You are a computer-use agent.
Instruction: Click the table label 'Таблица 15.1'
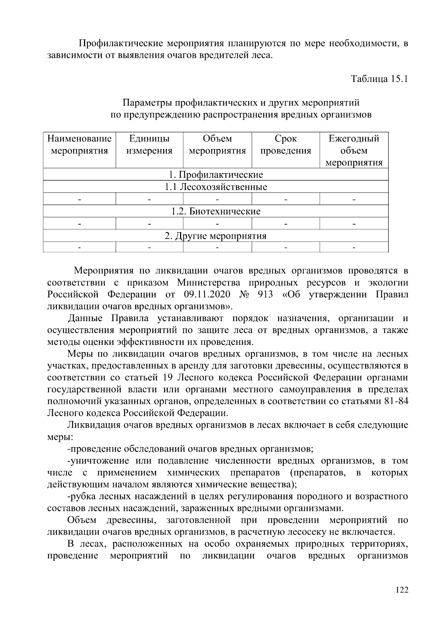click(x=379, y=79)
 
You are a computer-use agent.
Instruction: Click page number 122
click(x=402, y=590)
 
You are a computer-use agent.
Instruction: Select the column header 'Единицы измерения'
click(x=149, y=145)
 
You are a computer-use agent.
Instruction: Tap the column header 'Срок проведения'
click(x=286, y=145)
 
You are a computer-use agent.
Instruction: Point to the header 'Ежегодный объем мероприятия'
click(x=354, y=150)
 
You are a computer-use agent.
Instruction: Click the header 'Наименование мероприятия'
click(x=80, y=145)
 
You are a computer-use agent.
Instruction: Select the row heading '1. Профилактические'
click(x=216, y=175)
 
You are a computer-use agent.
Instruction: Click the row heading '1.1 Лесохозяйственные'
click(x=216, y=187)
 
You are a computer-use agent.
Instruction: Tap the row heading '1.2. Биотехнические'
click(x=216, y=211)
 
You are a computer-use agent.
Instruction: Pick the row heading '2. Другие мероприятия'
click(x=216, y=236)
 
